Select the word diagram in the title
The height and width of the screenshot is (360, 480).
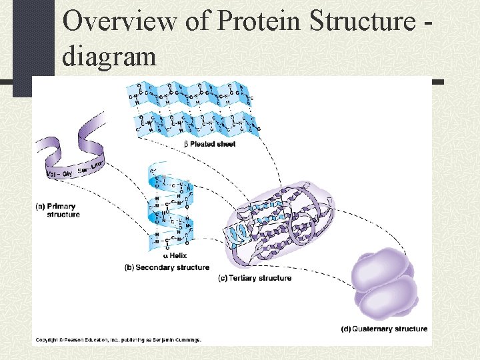pos(109,56)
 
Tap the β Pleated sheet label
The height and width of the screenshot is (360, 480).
pos(209,143)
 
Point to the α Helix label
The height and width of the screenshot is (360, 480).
pos(175,255)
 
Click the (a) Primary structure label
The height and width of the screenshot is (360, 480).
pos(57,210)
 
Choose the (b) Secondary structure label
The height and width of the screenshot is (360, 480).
pos(167,267)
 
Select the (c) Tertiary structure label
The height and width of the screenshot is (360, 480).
pos(255,277)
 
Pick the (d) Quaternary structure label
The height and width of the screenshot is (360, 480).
pos(384,328)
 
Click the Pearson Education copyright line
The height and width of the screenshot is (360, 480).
pos(118,339)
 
